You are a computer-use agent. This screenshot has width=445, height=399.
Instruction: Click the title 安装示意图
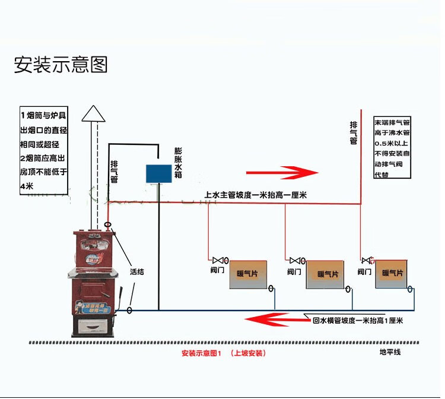pos(61,64)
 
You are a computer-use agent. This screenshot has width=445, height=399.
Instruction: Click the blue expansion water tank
pos(158,173)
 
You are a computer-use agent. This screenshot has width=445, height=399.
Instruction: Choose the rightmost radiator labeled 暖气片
pos(392,273)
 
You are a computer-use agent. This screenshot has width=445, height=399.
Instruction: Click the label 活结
pos(137,272)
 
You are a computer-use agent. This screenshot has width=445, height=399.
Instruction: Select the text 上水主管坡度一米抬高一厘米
pos(255,195)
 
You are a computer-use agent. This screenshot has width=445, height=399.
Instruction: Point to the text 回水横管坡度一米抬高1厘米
pos(358,321)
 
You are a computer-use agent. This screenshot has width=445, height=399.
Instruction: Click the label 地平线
pos(390,352)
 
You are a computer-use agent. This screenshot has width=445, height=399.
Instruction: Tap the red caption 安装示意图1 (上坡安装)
pos(223,353)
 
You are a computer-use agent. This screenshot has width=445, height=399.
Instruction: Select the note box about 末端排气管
pos(392,147)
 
